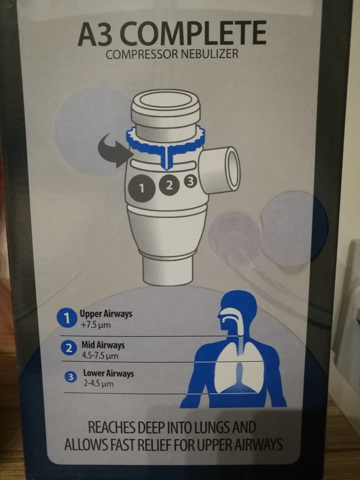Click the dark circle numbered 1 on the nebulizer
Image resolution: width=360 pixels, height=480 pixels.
point(141,188)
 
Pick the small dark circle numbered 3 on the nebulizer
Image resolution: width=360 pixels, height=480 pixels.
point(190,182)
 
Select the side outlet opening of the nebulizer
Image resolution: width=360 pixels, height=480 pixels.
point(232,167)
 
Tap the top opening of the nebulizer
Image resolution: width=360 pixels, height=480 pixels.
point(166,100)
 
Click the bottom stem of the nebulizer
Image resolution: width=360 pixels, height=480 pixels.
point(168,271)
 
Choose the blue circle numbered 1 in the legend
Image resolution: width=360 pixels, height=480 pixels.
point(67,319)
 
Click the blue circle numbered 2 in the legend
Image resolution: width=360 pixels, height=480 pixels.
point(69,348)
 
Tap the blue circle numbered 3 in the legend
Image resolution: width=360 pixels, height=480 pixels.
point(70,377)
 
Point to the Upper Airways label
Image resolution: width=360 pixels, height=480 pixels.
point(106,314)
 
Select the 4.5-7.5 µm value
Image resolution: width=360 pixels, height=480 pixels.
point(100,356)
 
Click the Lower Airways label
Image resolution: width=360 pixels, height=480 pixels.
point(108,373)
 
